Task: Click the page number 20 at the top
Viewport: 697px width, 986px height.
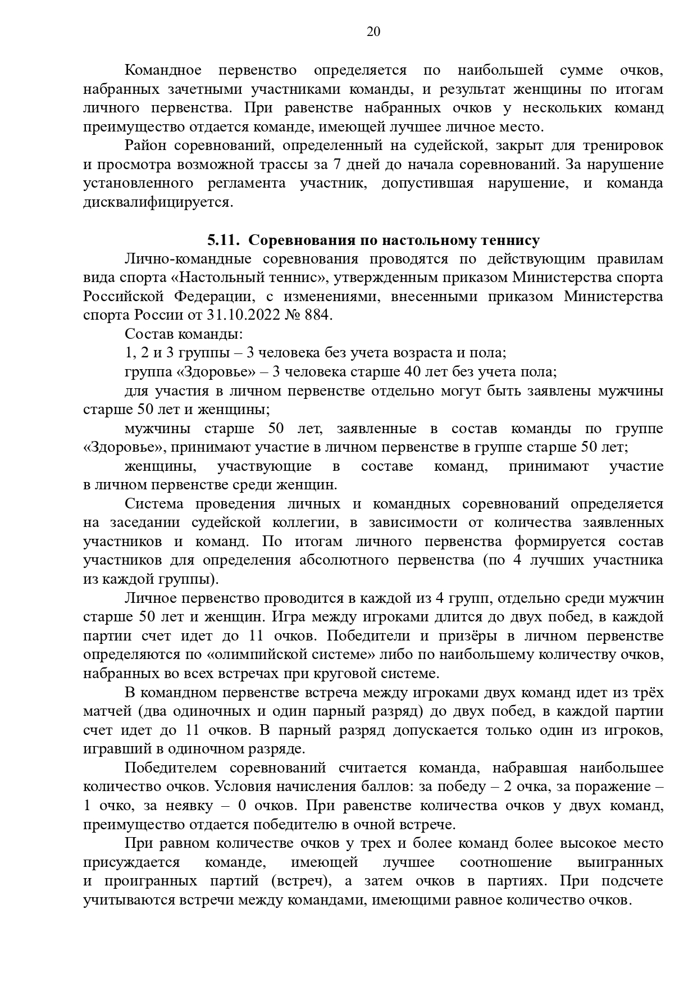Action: pyautogui.click(x=373, y=31)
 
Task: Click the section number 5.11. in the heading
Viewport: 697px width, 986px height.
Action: pyautogui.click(x=224, y=240)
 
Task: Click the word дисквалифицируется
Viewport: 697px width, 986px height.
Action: pyautogui.click(x=157, y=202)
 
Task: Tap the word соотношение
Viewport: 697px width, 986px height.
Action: pyautogui.click(x=505, y=862)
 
